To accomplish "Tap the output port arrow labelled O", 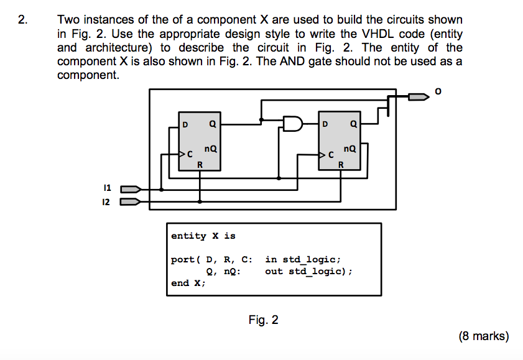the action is point(419,97).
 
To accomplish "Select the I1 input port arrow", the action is point(131,190).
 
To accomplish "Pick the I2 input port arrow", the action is point(130,201).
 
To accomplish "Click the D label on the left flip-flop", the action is point(185,125).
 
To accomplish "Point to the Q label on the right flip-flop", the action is point(354,124).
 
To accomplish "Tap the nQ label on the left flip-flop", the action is point(210,149).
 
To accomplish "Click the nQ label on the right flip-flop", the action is point(350,149).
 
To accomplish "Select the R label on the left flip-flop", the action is point(200,165).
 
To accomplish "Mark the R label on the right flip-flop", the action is point(341,165).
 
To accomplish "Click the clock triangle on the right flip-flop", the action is point(322,155).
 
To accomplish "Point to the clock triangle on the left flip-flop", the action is point(182,154).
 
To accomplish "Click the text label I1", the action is point(107,188).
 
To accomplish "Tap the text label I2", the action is point(106,202).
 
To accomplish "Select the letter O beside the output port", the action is point(438,91).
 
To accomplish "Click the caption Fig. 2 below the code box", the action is point(263,320).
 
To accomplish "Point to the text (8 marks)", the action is point(484,336).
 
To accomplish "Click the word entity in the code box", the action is point(189,236).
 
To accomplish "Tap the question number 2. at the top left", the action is point(22,20).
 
